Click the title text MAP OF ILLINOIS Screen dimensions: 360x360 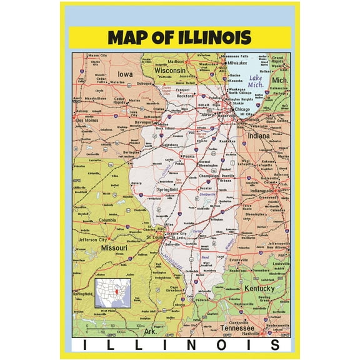pyautogui.click(x=179, y=37)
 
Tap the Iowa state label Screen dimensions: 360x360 pyautogui.click(x=124, y=75)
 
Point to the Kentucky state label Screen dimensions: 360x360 pyautogui.click(x=259, y=289)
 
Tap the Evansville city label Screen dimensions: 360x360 pyautogui.click(x=239, y=259)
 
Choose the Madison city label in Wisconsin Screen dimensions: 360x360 pyautogui.click(x=176, y=62)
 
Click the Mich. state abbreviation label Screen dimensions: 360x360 pyautogui.click(x=280, y=81)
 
